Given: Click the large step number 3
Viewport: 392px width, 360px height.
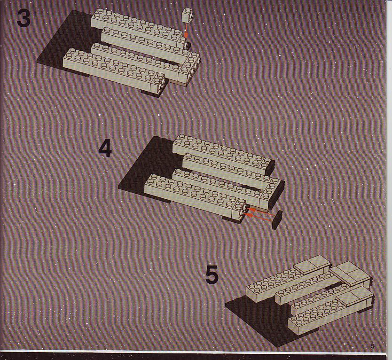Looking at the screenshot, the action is point(24,18).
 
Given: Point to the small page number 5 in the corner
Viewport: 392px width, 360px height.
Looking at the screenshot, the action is point(373,346).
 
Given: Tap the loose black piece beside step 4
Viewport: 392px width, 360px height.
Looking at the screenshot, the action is point(277,220).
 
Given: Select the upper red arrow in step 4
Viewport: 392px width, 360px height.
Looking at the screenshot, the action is point(260,210).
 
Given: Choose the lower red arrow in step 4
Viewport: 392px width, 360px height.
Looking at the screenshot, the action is point(258,217).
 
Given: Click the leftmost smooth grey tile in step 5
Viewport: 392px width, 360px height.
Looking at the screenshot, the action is point(312,265).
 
